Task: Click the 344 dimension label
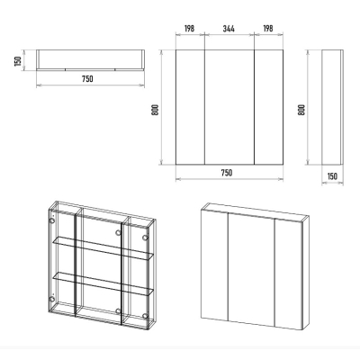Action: tap(229, 29)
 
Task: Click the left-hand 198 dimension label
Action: tap(189, 29)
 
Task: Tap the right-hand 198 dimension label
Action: tap(268, 29)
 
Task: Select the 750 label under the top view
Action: tap(87, 79)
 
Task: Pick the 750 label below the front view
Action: tap(227, 173)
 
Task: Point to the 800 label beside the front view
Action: tap(155, 111)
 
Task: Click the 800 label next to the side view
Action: tap(301, 110)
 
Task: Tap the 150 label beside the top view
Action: tap(18, 61)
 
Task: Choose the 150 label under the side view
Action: tap(332, 176)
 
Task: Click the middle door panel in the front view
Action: tap(229, 107)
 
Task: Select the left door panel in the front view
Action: tap(190, 107)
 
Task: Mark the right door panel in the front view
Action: tap(268, 107)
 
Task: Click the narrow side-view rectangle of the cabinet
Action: tap(332, 107)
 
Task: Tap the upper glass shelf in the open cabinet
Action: tap(103, 247)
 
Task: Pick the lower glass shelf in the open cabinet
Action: tap(103, 283)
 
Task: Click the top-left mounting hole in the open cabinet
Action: tap(52, 221)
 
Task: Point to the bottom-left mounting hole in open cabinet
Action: tap(52, 299)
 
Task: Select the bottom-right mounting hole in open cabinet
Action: tap(145, 316)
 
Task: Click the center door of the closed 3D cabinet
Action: tap(251, 269)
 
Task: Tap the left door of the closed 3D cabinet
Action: tap(214, 265)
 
